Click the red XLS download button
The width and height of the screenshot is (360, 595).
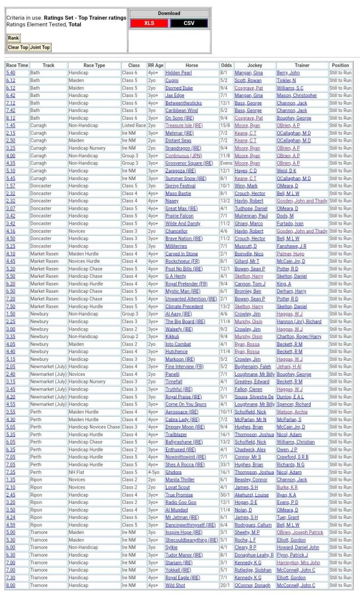click(x=149, y=23)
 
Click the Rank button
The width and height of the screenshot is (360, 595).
click(x=13, y=38)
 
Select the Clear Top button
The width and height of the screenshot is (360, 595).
click(x=17, y=48)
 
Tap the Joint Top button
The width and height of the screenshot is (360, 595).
click(x=40, y=48)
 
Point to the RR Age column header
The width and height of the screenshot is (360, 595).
click(x=156, y=66)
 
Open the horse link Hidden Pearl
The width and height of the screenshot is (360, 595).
click(x=178, y=73)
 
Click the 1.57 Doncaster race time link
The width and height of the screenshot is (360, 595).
click(x=11, y=186)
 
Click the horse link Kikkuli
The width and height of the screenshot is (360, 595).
click(x=172, y=336)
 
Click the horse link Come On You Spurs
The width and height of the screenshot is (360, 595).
click(x=186, y=404)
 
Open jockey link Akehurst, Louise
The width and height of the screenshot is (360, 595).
click(x=251, y=495)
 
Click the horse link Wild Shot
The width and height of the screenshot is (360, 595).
click(x=175, y=585)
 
